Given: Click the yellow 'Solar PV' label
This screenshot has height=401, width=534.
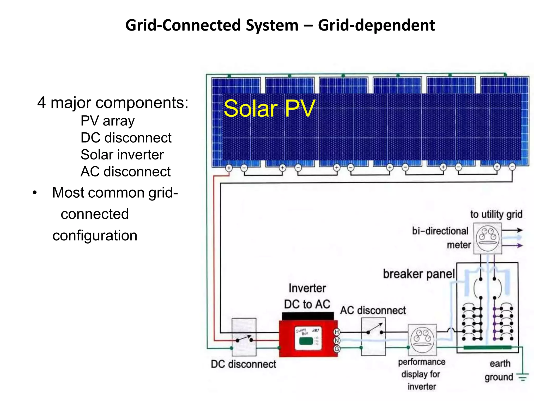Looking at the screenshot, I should click(269, 108).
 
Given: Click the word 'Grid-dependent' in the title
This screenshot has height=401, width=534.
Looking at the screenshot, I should click(376, 26).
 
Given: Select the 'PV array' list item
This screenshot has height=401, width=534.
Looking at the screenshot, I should click(107, 121).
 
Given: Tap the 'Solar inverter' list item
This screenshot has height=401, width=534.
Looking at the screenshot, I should click(122, 155).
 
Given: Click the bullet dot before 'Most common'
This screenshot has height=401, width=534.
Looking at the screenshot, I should click(35, 193).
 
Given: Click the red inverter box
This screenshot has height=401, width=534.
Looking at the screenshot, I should click(308, 339).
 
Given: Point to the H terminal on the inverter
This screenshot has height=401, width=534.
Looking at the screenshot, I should click(337, 332).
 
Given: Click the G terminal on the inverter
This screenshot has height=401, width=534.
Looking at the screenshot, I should click(337, 349).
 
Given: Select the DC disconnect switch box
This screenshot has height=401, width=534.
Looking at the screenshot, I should click(244, 337).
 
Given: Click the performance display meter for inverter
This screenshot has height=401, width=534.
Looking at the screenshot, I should click(422, 340).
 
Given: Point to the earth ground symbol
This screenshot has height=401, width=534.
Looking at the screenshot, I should click(523, 377).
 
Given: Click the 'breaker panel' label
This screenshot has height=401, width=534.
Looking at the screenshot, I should click(419, 274).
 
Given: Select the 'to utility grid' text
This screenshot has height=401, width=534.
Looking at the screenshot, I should click(496, 214).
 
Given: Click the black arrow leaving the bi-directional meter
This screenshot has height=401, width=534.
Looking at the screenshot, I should click(512, 230).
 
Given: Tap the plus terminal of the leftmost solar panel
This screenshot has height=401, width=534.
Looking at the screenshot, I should click(229, 168).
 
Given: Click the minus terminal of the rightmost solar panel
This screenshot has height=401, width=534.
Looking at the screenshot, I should click(512, 167).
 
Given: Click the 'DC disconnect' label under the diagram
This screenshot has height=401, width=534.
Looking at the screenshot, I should click(243, 364).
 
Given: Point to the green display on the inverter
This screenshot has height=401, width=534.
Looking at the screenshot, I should click(306, 341).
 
